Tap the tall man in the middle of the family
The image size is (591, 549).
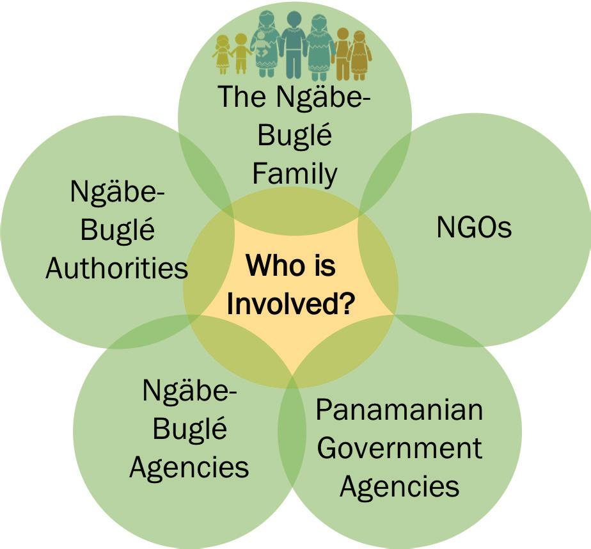[294, 44]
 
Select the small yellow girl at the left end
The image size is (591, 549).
[223, 54]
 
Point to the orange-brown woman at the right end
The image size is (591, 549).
[361, 55]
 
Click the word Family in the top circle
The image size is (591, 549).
[294, 173]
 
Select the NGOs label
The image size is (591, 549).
[474, 227]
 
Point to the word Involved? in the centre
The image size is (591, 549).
[290, 304]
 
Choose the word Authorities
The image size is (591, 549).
[117, 268]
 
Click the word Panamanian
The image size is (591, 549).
[399, 410]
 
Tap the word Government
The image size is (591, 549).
[399, 448]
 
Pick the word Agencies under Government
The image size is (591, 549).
[399, 486]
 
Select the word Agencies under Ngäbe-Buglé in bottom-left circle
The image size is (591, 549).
[189, 467]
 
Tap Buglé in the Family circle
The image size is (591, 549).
[295, 136]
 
